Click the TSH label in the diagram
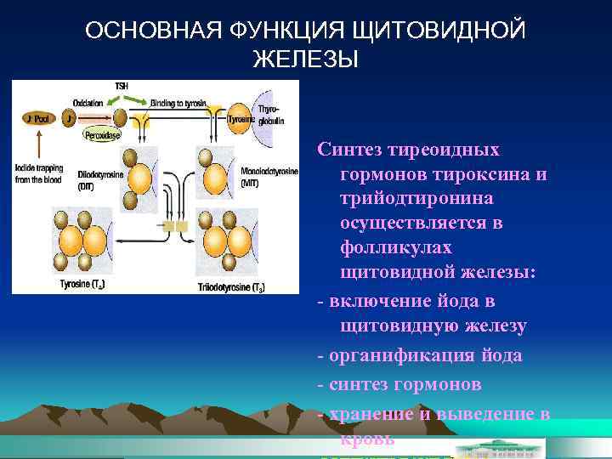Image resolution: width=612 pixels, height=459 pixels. tap(122, 86)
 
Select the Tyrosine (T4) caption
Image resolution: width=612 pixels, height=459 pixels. tap(83, 283)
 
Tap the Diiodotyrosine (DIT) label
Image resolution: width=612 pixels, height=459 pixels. tap(99, 179)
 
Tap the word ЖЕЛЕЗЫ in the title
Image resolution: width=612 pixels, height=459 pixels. tap(306, 60)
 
